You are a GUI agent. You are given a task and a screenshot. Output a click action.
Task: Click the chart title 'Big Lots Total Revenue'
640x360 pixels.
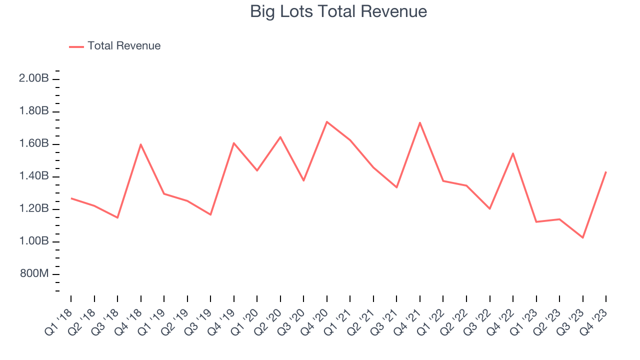coord(338,11)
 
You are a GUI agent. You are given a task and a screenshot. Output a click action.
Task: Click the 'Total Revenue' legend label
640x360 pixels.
coord(124,46)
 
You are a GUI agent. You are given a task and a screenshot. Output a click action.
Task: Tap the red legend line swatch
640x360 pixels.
coord(76,46)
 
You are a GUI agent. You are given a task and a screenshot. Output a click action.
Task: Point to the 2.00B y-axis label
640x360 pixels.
coord(34,78)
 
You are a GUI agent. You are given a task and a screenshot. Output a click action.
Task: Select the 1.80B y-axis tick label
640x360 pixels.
coord(34,111)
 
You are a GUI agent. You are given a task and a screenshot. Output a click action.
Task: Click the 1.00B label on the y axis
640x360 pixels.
coord(34,241)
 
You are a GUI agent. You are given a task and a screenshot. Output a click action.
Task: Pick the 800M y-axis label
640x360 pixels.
coord(34,274)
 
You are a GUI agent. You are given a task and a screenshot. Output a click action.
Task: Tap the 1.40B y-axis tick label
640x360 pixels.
coord(34,176)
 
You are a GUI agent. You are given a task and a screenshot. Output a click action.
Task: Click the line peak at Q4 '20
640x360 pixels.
coord(326,121)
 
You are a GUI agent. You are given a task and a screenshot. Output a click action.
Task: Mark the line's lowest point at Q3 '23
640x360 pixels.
coord(582,237)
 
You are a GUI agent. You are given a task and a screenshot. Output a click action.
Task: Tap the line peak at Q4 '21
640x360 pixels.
coord(419,122)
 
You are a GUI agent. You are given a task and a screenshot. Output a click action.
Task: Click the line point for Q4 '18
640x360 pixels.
coord(141,144)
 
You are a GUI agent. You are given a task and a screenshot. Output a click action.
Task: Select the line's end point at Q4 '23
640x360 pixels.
coord(606,172)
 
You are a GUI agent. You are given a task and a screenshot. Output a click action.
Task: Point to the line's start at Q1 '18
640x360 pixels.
coord(71,198)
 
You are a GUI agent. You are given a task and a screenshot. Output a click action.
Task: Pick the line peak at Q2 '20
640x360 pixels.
coord(280,136)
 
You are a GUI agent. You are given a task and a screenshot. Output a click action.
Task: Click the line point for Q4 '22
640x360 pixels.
coord(513,153)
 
